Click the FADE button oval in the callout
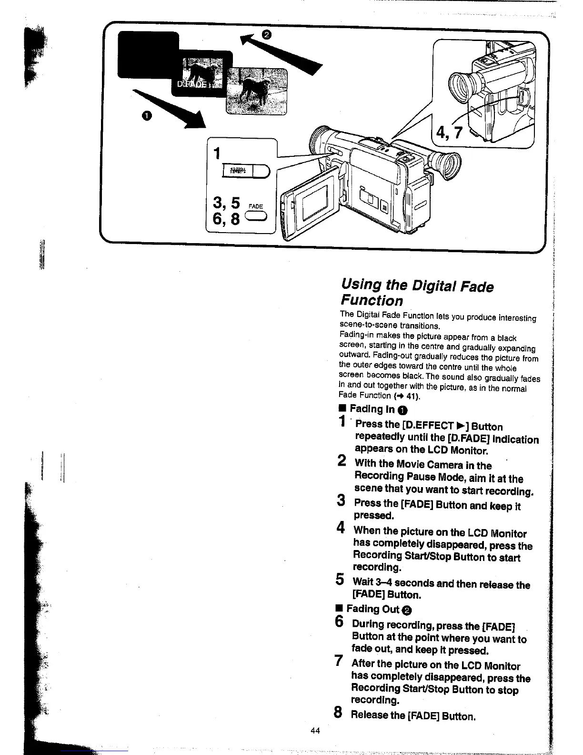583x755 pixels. click(x=256, y=217)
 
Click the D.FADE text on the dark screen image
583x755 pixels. click(x=189, y=84)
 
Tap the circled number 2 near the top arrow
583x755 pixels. click(x=267, y=34)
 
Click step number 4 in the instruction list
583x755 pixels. click(x=340, y=528)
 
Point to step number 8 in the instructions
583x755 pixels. click(x=338, y=713)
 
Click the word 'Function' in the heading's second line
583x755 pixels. click(x=372, y=301)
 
